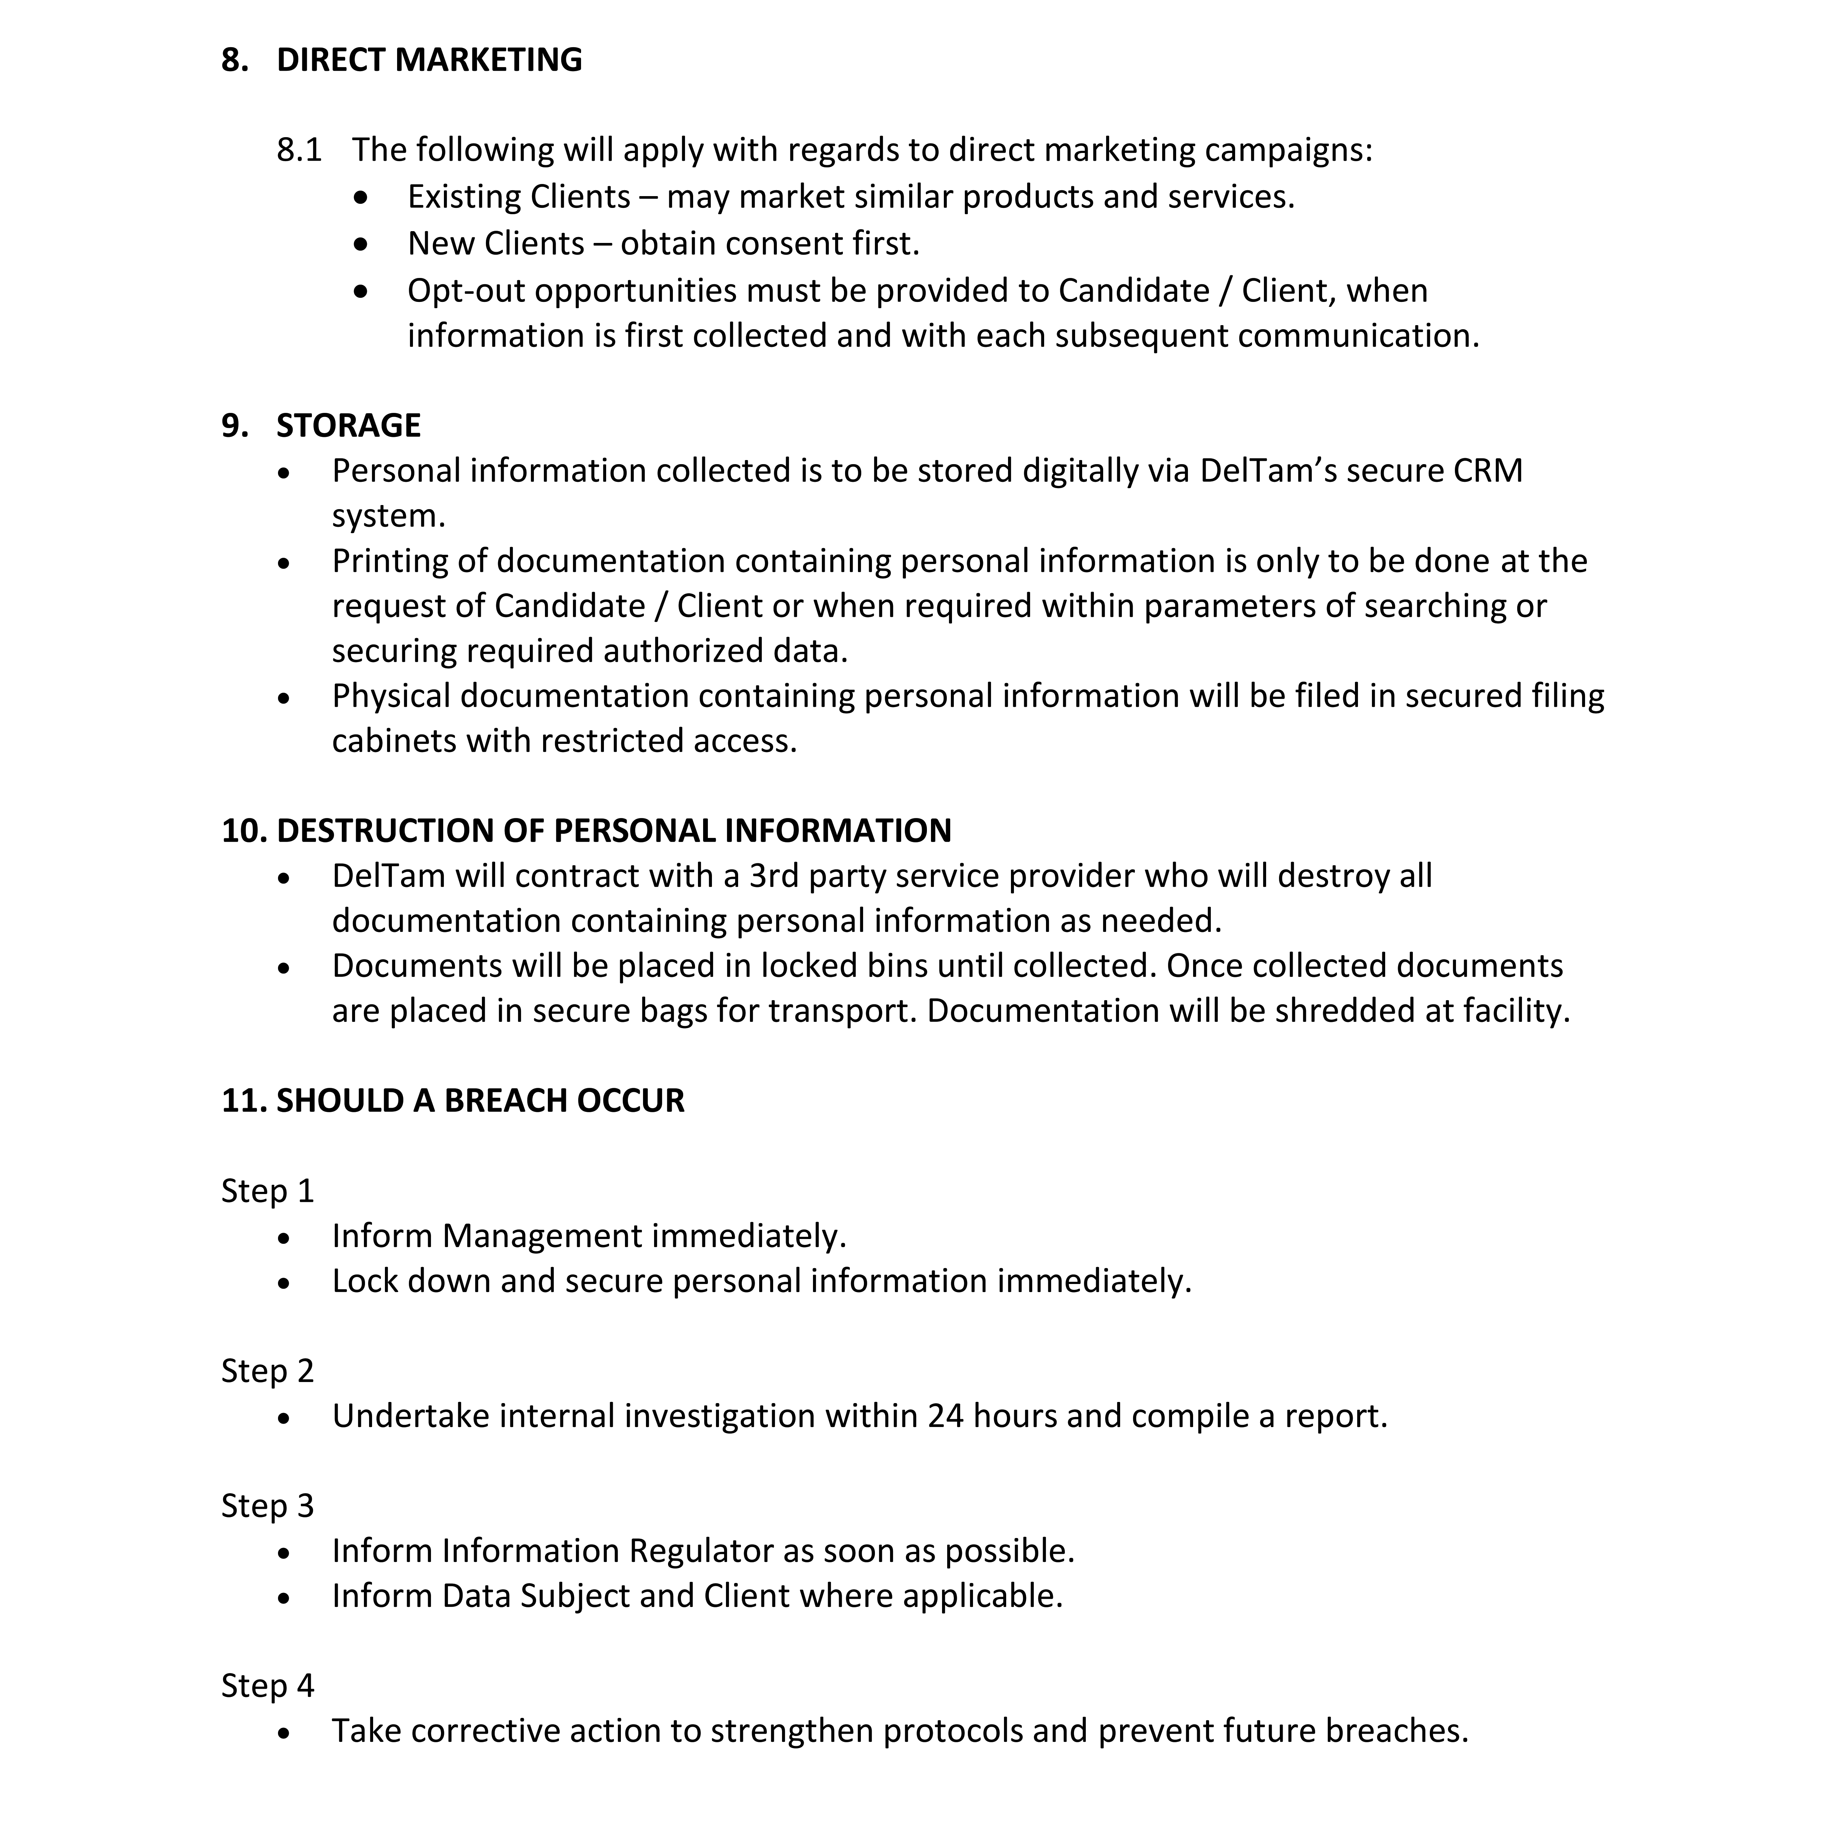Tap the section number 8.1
[x=299, y=150]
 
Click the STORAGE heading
[x=348, y=426]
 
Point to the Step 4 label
[x=267, y=1686]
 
